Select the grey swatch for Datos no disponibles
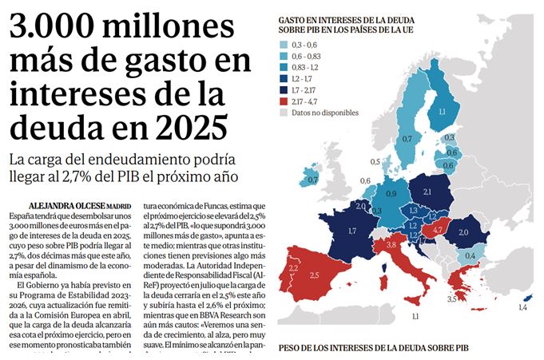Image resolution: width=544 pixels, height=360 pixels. click(x=284, y=113)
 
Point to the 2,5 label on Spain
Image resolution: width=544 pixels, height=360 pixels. click(x=314, y=275)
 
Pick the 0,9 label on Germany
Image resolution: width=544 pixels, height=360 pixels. click(x=391, y=193)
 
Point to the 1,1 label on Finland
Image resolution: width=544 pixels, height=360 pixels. click(x=441, y=113)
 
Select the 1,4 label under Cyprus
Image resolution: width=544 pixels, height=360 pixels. click(x=523, y=307)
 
